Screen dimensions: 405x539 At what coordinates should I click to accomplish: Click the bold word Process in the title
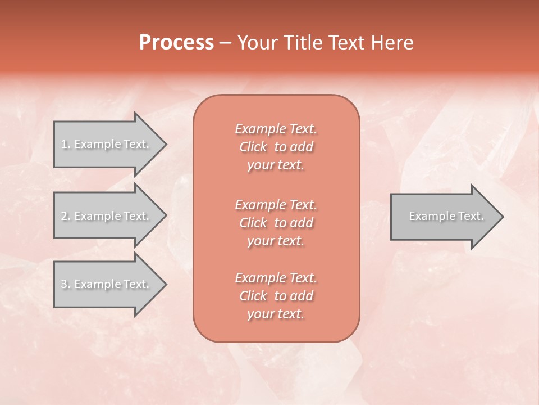tap(176, 43)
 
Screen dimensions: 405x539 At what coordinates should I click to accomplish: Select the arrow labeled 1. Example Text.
tap(107, 144)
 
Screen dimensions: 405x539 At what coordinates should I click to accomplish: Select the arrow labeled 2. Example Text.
tap(107, 216)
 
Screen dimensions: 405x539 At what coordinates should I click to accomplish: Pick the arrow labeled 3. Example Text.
tap(107, 284)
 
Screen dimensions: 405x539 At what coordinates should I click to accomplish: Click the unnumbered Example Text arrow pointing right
tap(444, 216)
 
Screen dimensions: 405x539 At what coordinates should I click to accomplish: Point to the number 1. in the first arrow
tap(66, 144)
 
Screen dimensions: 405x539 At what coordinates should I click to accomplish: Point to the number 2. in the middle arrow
tap(66, 216)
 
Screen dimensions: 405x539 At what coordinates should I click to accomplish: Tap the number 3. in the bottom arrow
tap(66, 284)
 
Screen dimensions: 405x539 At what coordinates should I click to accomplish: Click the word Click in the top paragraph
tap(253, 147)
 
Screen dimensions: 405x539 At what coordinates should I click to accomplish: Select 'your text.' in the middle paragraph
tap(276, 241)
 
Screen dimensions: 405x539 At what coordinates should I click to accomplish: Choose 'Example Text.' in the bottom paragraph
tap(276, 278)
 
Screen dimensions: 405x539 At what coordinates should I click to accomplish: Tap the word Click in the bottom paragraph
tap(253, 296)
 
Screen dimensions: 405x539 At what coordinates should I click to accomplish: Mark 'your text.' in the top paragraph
tap(276, 165)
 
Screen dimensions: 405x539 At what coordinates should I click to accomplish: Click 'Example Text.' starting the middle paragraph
tap(276, 204)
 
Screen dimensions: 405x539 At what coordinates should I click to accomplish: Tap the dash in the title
tap(226, 43)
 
